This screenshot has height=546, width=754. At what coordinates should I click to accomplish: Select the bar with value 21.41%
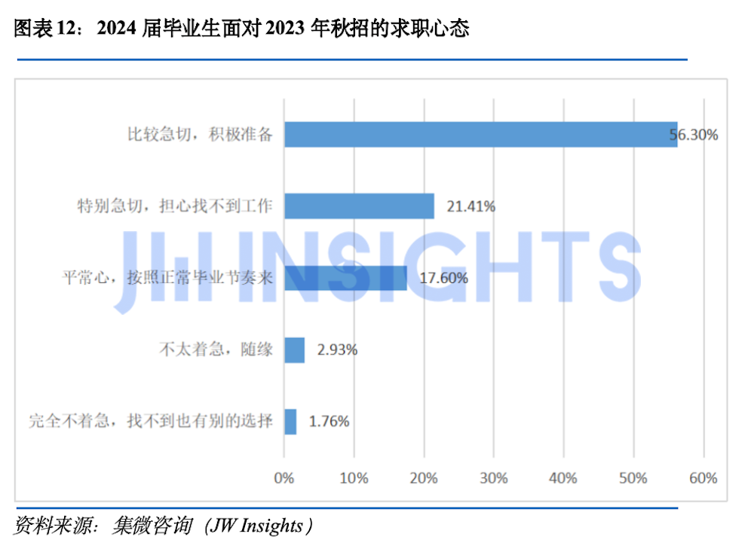pos(359,206)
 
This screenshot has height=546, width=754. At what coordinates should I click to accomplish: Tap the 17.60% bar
pos(345,278)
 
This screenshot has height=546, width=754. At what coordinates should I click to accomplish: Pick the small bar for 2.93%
pos(294,349)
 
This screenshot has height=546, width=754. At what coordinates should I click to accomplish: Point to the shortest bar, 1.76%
pos(290,421)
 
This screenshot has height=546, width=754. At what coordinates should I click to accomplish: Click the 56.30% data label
pos(694,136)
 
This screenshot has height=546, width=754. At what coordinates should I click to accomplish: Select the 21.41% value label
pos(470,206)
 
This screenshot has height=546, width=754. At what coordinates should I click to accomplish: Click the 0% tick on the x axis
pos(284,477)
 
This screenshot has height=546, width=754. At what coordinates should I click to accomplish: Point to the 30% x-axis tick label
pos(494,477)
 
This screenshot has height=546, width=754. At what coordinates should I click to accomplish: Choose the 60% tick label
pos(703,477)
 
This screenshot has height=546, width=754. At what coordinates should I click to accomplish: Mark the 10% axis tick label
pos(354,477)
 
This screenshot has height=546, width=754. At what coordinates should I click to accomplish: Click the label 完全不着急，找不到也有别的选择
pos(151,421)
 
